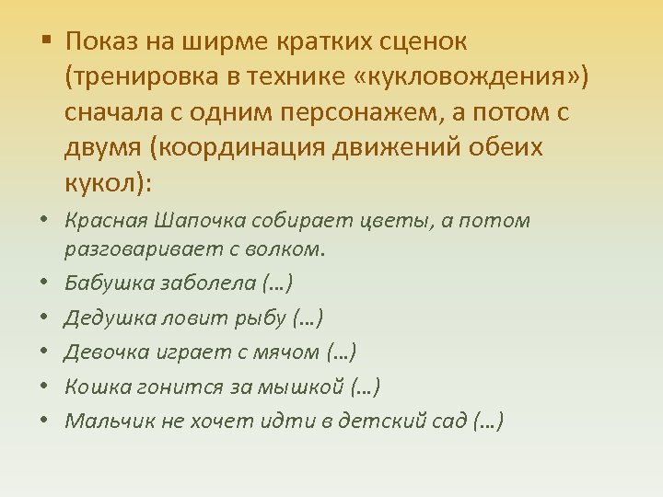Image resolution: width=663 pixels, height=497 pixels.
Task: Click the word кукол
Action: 100,183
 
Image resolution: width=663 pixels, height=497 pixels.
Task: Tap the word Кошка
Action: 93,386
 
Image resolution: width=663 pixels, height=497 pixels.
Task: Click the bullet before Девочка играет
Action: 45,352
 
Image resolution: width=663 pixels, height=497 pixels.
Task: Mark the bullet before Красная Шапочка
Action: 45,221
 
